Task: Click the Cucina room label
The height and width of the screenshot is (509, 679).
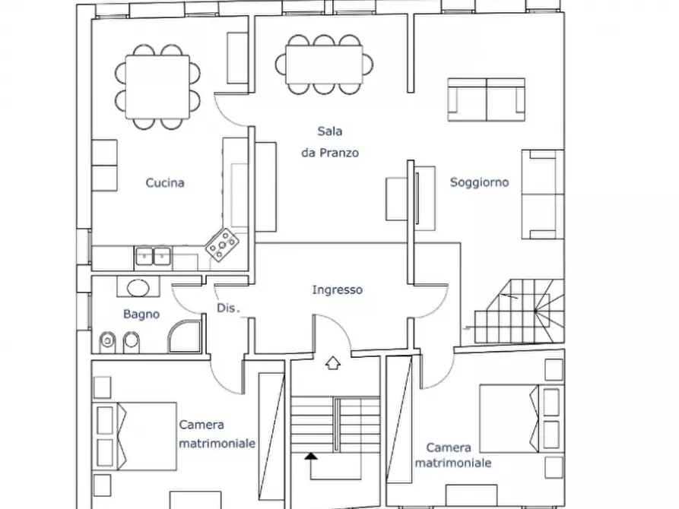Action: click(x=165, y=182)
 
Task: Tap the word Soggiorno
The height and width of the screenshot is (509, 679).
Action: click(x=479, y=182)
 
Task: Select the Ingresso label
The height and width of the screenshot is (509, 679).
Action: click(x=338, y=289)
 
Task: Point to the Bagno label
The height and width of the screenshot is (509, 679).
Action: click(x=141, y=314)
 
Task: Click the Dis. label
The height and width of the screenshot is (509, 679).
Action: click(x=228, y=308)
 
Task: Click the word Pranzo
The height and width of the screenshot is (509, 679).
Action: click(x=339, y=153)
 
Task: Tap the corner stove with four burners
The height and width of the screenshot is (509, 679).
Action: click(x=222, y=245)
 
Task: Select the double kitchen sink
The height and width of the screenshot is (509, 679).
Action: click(x=153, y=256)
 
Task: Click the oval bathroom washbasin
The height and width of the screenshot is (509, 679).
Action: click(x=138, y=288)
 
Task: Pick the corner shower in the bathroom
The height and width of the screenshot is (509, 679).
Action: click(x=185, y=337)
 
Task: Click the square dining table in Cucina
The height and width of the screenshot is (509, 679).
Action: click(x=157, y=87)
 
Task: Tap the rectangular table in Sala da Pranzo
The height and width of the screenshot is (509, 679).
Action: click(x=324, y=65)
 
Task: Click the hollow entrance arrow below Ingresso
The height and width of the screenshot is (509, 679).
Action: click(x=332, y=363)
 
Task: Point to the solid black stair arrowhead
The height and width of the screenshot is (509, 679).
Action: click(x=310, y=456)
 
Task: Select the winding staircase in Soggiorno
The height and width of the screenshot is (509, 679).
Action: click(x=519, y=311)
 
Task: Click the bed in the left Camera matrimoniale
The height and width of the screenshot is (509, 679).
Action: click(x=135, y=436)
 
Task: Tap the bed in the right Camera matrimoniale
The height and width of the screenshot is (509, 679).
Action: click(x=522, y=418)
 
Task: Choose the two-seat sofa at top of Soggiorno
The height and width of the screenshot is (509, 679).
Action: click(x=487, y=100)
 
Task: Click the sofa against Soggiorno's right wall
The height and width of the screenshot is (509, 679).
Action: click(x=543, y=194)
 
